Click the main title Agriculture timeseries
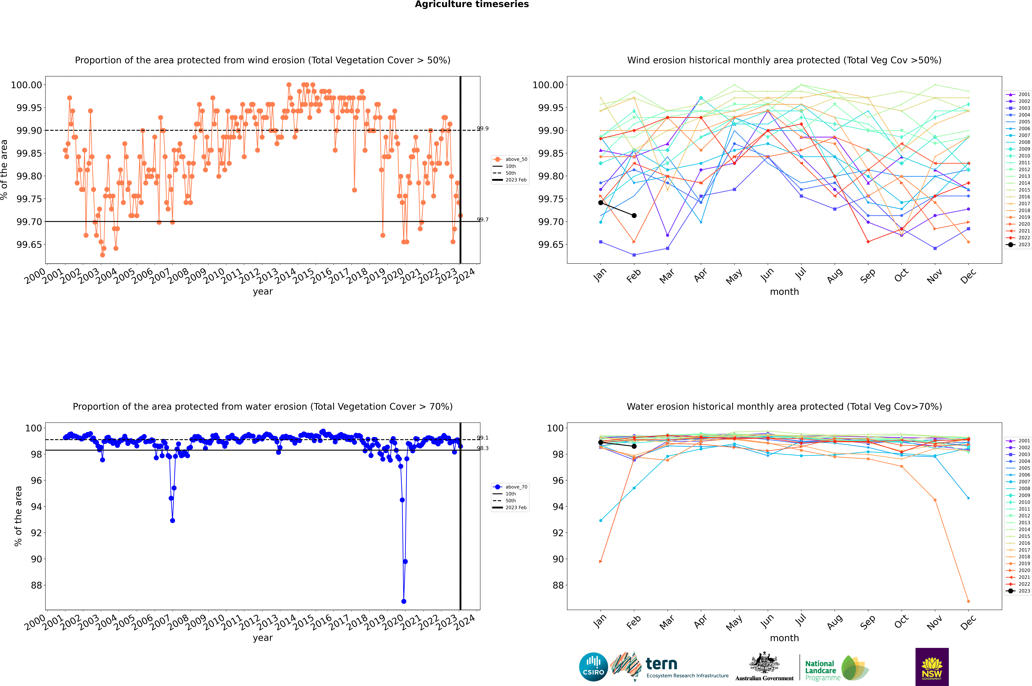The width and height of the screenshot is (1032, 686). (x=472, y=4)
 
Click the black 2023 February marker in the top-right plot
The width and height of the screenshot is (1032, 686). (x=634, y=216)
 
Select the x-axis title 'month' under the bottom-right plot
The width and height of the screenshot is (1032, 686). (x=784, y=638)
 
